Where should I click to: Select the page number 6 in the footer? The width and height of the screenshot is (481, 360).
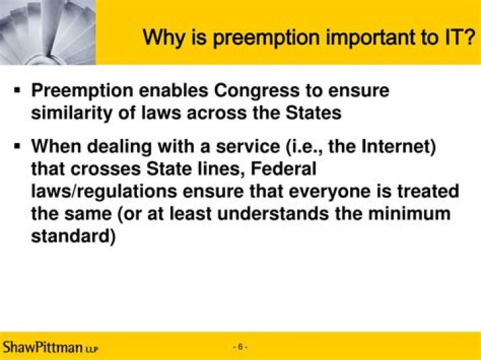(x=240, y=347)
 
